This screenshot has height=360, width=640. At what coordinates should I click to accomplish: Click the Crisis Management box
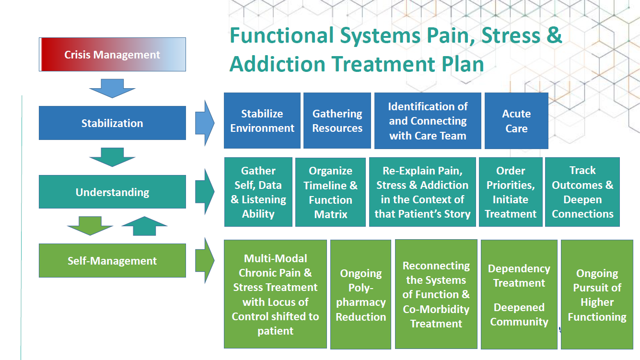(x=112, y=55)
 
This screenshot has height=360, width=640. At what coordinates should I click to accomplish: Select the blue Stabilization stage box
(x=112, y=123)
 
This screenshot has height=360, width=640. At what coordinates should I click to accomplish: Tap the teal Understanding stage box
(x=112, y=192)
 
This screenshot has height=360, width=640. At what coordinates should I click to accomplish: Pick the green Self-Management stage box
(x=112, y=261)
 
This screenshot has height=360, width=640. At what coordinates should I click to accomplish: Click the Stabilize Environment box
(x=262, y=121)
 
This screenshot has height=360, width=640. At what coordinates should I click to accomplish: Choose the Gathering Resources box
(x=337, y=121)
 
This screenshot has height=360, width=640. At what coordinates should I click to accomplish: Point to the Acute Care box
(x=516, y=121)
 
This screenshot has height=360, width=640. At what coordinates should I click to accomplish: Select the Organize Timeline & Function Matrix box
(x=330, y=192)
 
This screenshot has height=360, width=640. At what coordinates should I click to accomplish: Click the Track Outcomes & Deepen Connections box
(x=582, y=192)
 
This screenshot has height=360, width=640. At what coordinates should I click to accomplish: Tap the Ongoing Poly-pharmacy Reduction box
(x=361, y=295)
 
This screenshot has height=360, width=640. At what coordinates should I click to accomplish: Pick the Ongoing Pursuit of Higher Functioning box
(x=597, y=295)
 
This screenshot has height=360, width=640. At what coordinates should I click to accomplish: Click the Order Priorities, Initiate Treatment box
(x=511, y=192)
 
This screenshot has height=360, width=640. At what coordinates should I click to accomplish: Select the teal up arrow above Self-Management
(x=144, y=226)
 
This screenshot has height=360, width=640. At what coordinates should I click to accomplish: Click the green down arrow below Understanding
(x=90, y=226)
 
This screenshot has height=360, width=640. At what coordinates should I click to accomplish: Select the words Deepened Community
(x=519, y=314)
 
